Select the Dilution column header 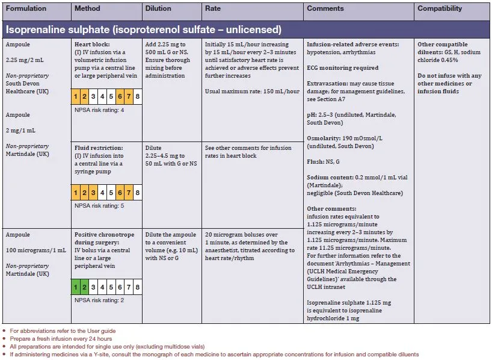tap(158, 9)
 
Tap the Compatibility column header tap(440, 9)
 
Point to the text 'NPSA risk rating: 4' tap(99, 110)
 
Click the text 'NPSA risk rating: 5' tap(99, 206)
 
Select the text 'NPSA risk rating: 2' tap(99, 300)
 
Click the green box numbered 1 tap(76, 287)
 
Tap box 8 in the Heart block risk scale tap(138, 96)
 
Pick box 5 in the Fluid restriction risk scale tap(111, 193)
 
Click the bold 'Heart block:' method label tap(91, 45)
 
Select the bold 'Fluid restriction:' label tap(99, 147)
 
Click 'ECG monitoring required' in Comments tap(342, 68)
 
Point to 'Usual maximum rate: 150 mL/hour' tap(252, 92)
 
